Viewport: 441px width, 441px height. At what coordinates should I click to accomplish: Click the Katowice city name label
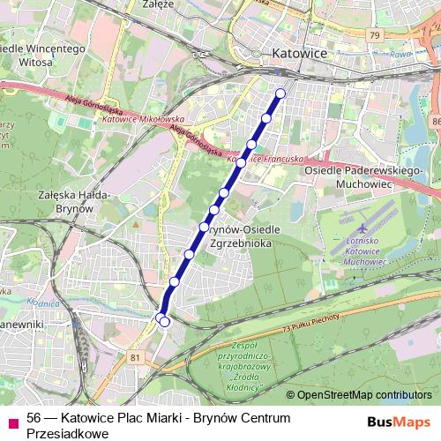pos(299,54)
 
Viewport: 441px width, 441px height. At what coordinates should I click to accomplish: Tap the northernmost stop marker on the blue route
pos(280,93)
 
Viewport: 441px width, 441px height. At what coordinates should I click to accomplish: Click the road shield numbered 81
pos(134,357)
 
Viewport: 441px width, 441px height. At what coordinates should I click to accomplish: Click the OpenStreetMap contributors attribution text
pos(359,395)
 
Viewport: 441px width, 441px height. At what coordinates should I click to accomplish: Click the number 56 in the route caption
pos(34,418)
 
